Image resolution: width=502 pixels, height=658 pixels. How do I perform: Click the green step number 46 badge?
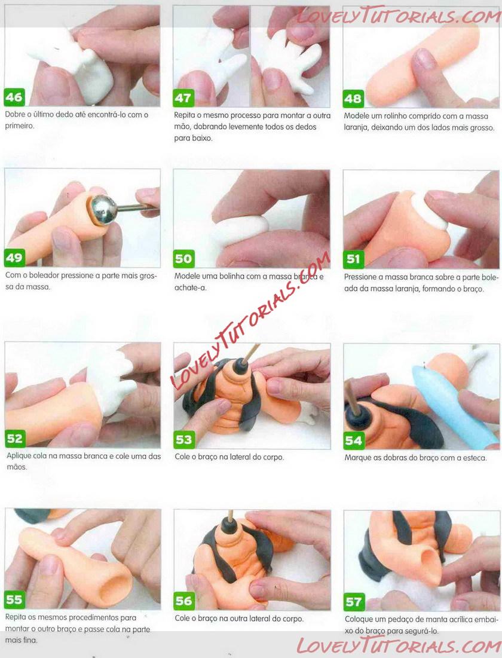(14, 97)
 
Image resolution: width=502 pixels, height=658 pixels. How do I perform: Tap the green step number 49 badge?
(14, 257)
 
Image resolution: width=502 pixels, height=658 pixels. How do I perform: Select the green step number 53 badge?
(184, 439)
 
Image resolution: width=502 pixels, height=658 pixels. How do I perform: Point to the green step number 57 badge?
(353, 602)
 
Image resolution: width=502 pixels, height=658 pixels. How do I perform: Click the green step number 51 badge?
(353, 259)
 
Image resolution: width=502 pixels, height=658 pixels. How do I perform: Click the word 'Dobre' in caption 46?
(14, 115)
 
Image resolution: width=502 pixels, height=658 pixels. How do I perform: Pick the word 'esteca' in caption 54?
(474, 458)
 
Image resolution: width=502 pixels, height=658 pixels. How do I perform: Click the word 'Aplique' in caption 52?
(19, 457)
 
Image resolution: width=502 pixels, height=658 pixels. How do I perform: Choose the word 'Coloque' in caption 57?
(359, 619)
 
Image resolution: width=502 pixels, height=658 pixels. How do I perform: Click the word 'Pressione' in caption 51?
(362, 277)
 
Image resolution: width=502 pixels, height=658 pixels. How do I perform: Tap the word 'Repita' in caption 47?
(185, 115)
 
